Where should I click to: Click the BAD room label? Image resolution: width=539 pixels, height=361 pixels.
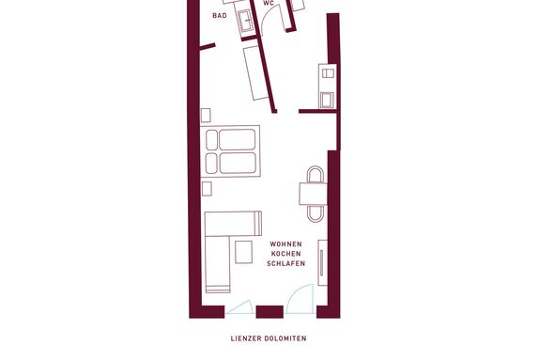tap(220, 16)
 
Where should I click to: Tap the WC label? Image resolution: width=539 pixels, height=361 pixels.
tap(269, 4)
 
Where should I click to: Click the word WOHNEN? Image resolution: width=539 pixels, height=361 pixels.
tap(286, 244)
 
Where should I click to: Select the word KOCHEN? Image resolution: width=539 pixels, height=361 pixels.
tap(286, 254)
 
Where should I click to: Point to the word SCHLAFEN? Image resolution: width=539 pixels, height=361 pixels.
tap(286, 263)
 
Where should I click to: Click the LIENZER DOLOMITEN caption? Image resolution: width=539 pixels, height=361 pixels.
tap(269, 338)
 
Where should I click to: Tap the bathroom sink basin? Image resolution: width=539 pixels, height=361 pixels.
tap(246, 21)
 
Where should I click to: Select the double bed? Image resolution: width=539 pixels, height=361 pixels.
tap(230, 151)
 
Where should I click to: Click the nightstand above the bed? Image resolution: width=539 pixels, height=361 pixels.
tap(206, 116)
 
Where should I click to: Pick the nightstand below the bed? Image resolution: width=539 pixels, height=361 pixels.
tap(207, 189)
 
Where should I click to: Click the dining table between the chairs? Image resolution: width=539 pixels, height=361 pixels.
tap(313, 194)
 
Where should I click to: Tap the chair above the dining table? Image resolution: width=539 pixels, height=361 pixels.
tap(316, 174)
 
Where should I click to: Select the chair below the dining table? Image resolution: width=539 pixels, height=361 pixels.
tap(316, 213)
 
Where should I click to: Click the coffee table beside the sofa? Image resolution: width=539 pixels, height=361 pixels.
tap(244, 252)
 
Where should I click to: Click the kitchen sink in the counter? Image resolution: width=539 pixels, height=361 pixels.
tap(327, 101)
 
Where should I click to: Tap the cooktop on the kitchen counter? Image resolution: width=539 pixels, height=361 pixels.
tap(328, 73)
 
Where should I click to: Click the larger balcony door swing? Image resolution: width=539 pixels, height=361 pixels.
tap(300, 299)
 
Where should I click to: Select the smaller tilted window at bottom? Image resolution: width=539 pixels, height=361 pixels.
tap(240, 307)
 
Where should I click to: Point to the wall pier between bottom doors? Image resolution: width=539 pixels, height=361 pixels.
tap(269, 312)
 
